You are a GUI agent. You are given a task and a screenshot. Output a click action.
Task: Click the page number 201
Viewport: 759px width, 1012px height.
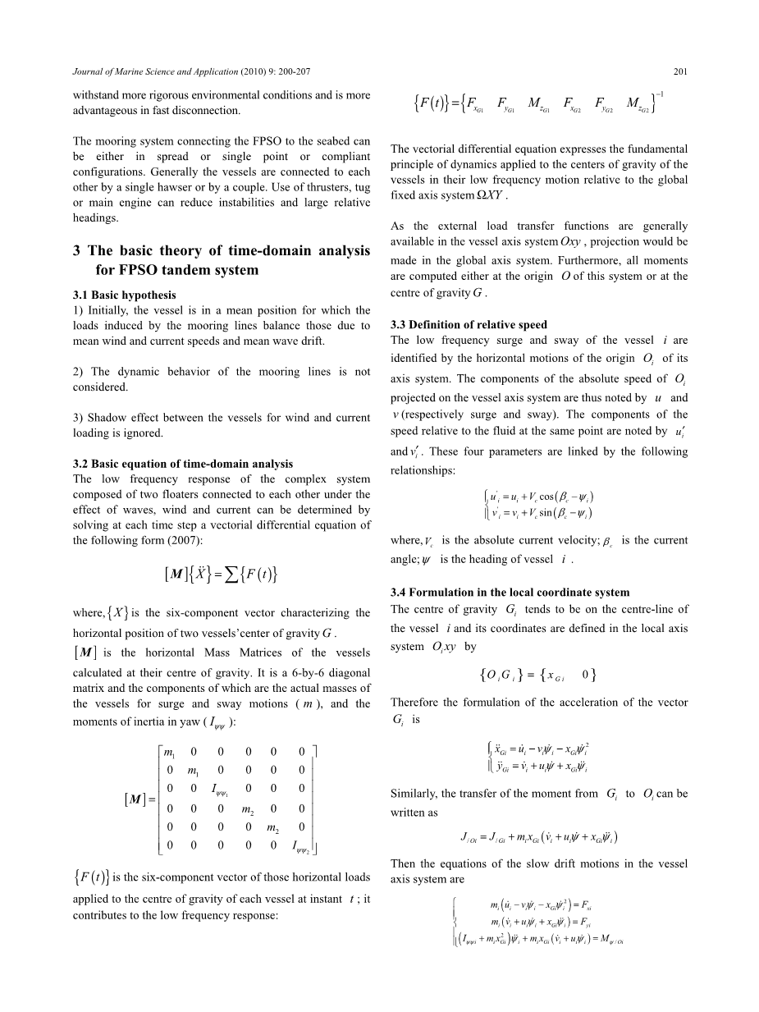(x=680, y=72)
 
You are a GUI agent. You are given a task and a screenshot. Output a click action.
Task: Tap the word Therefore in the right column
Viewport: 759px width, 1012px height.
(x=418, y=703)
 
